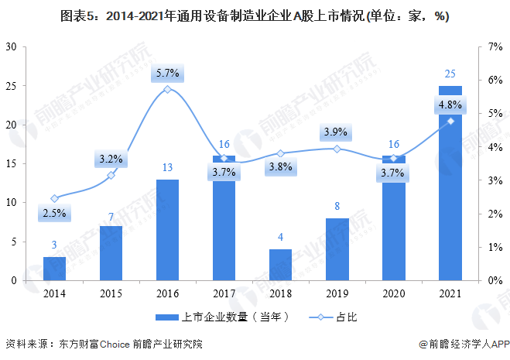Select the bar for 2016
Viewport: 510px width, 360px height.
167,230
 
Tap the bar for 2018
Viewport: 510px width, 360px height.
280,265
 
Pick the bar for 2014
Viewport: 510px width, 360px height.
54,269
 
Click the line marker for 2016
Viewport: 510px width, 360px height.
167,90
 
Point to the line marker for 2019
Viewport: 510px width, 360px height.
337,149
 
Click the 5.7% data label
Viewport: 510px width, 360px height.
167,74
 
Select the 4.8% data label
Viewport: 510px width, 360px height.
450,105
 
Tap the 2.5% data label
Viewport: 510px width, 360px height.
54,213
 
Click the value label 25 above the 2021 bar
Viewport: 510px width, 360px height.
450,74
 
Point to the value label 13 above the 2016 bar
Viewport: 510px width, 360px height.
167,168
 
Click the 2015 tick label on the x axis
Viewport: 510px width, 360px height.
111,293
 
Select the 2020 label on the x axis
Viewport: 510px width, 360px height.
393,293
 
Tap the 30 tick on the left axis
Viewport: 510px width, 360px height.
12,46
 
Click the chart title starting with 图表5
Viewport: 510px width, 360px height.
255,15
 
